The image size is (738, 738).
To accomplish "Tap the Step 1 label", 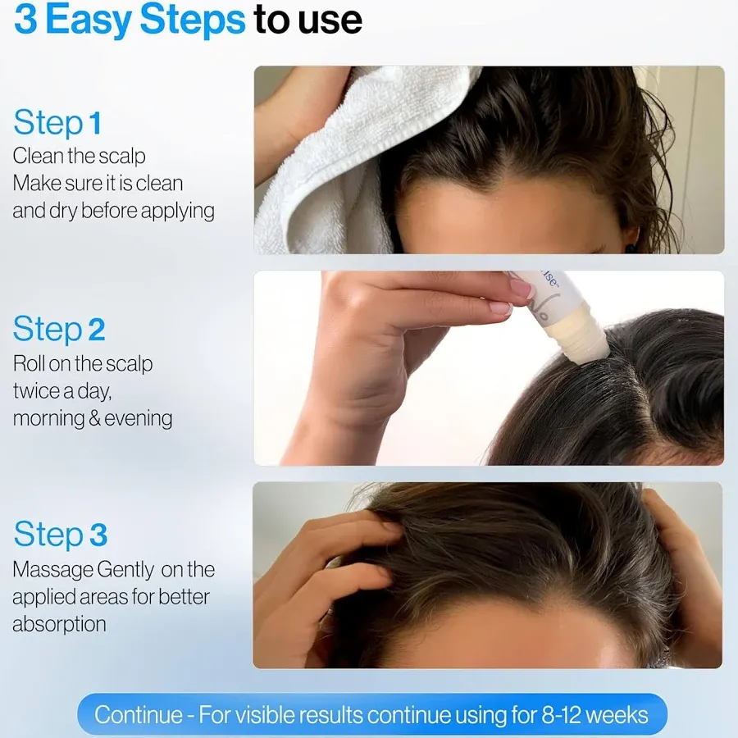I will (57, 123).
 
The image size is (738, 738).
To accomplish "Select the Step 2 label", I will (59, 329).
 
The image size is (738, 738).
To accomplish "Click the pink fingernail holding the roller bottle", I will (522, 289).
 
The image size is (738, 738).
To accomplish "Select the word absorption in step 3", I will (59, 624).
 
